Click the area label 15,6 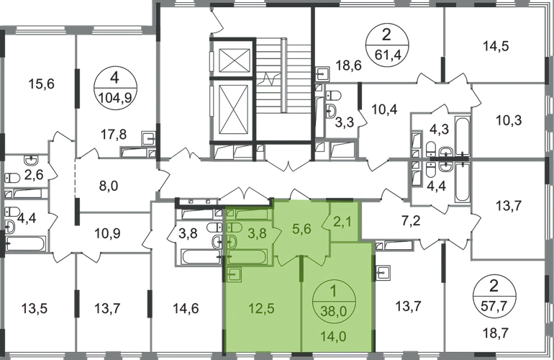pos(41,84)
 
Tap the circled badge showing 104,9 pos(116,89)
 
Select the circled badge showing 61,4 pos(387,45)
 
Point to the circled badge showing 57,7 pos(494,296)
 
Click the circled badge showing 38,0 pos(334,301)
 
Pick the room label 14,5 pos(496,46)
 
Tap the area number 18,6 pos(349,66)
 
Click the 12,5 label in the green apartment pos(261,309)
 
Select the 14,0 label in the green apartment pos(334,336)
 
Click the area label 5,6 pos(301,229)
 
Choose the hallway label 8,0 pos(109,186)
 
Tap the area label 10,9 pos(107,233)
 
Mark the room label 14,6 pos(186,309)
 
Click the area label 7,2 pos(412,222)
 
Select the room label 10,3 pos(509,120)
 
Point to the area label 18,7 pos(494,333)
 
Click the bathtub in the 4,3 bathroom pos(462,135)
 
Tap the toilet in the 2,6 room pos(12,178)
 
